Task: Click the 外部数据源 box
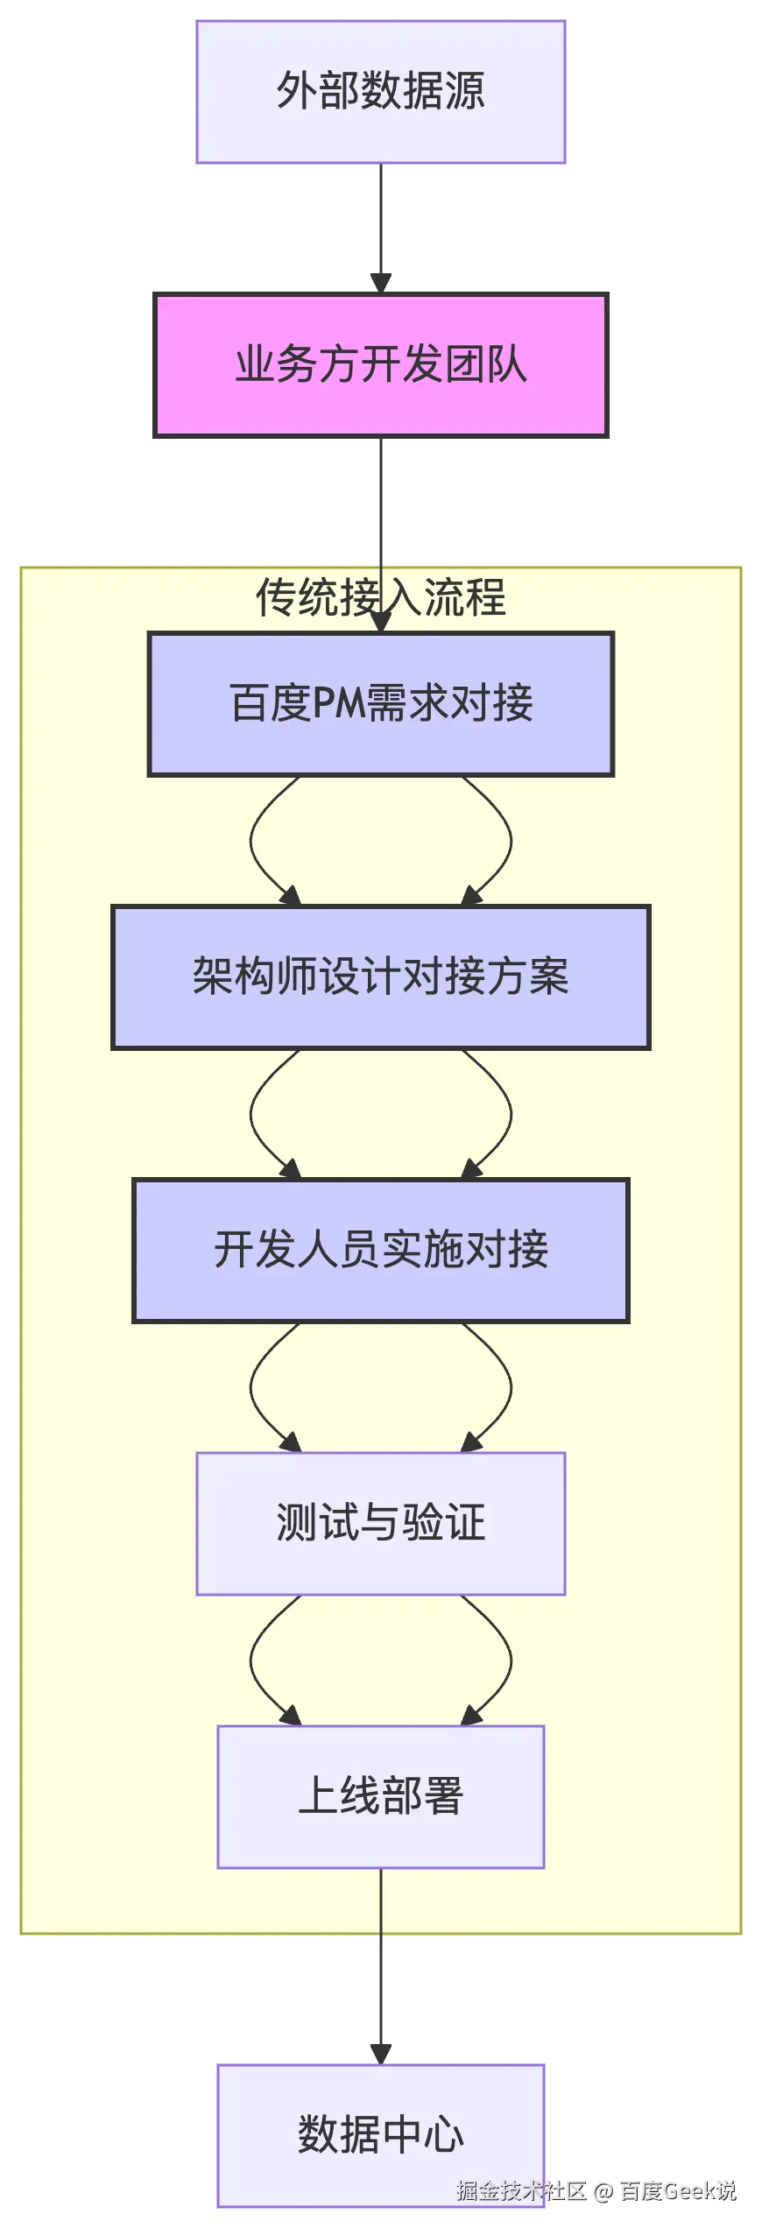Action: point(378,91)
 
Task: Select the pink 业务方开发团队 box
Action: point(378,364)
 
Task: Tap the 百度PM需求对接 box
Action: point(380,703)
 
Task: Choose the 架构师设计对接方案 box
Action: point(380,977)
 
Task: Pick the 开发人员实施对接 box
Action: point(380,1250)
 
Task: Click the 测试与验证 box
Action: point(380,1523)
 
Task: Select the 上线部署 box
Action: point(380,1796)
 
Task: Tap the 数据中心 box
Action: point(378,2134)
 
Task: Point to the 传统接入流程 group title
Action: point(380,598)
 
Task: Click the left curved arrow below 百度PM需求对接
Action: point(253,841)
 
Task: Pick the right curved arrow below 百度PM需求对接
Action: point(509,841)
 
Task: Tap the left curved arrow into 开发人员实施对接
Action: point(253,1114)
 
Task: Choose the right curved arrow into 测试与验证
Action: point(509,1387)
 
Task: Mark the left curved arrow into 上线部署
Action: point(253,1660)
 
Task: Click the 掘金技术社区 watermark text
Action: point(520,2190)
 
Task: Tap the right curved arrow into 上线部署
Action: point(509,1660)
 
